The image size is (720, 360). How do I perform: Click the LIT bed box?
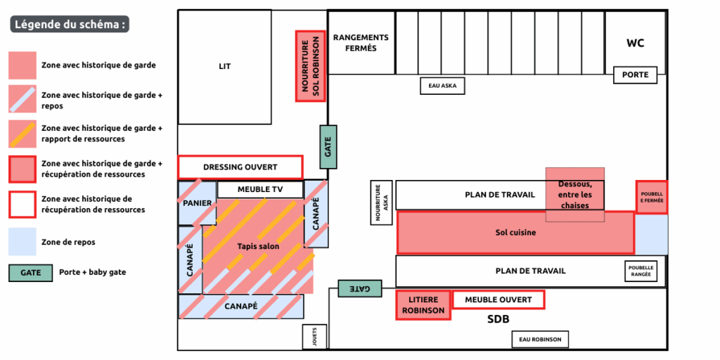coord(224,67)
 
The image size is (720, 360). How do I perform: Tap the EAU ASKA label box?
coord(442,86)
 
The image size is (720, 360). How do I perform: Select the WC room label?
coord(635,43)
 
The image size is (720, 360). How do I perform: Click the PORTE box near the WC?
coord(636,75)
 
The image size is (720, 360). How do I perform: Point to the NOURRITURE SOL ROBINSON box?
coord(310,66)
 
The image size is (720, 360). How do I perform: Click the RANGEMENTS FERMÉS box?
coord(361,43)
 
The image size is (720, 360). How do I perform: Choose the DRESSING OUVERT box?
coord(240,167)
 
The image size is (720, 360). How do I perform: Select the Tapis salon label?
coord(258,246)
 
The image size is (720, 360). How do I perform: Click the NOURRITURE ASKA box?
coord(380,203)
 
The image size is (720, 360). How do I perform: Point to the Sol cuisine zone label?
coord(515,232)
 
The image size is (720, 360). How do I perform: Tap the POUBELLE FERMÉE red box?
coord(651,196)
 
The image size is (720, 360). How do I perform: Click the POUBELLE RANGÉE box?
coord(641,271)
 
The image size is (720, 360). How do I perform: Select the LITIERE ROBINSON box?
coord(423,305)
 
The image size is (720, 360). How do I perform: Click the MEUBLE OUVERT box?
coord(498,300)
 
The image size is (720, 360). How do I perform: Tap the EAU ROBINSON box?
coord(539,340)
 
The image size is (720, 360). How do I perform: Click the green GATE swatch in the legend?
coord(30,272)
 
